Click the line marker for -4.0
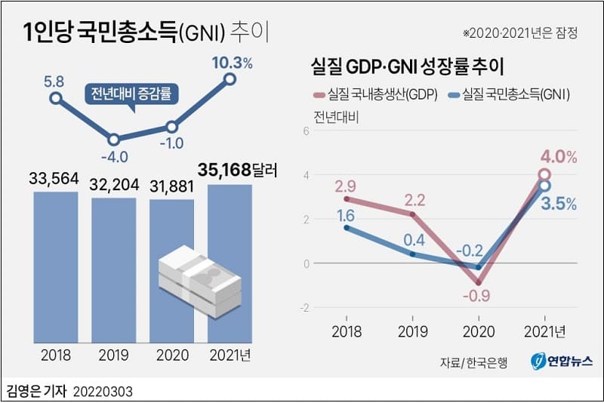coord(113,140)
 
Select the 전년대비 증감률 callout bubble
coord(126,96)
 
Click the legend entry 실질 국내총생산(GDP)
coord(373,94)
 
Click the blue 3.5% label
coord(559,204)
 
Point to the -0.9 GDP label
coord(478,297)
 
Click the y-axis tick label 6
coord(306,131)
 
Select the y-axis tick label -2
coord(304,308)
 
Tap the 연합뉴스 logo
coord(555,361)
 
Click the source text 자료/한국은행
coord(473,361)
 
